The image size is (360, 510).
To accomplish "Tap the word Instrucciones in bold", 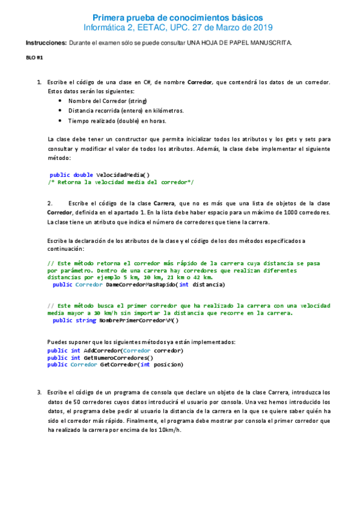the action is pyautogui.click(x=46, y=43).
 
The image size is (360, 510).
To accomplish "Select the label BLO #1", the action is pyautogui.click(x=34, y=58).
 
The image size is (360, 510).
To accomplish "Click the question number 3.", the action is pyautogui.click(x=39, y=392).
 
